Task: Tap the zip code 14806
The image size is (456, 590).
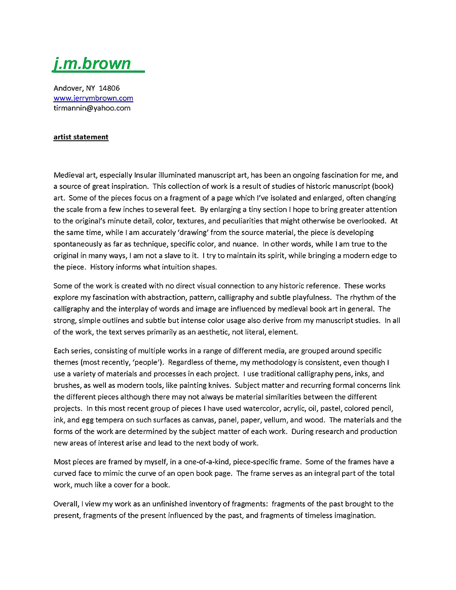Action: pyautogui.click(x=110, y=88)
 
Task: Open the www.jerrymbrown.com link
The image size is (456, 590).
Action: pyautogui.click(x=93, y=98)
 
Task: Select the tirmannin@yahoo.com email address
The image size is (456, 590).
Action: pyautogui.click(x=92, y=108)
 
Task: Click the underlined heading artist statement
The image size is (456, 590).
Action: pyautogui.click(x=81, y=137)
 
